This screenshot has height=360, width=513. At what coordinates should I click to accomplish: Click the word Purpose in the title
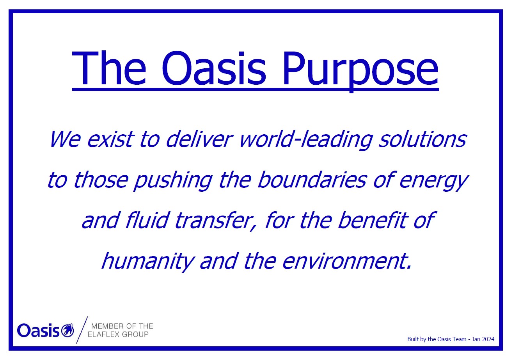pyautogui.click(x=360, y=69)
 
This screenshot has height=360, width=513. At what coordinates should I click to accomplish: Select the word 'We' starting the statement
pyautogui.click(x=65, y=139)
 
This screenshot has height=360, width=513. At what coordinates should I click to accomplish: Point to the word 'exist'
pyautogui.click(x=110, y=139)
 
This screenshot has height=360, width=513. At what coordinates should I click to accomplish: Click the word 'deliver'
pyautogui.click(x=199, y=139)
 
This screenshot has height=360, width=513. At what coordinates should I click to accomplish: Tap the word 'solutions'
pyautogui.click(x=422, y=139)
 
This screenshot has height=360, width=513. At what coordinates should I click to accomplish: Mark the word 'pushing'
pyautogui.click(x=173, y=181)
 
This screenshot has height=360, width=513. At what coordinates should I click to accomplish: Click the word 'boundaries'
pyautogui.click(x=312, y=180)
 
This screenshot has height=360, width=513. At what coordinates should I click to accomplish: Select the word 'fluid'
pyautogui.click(x=147, y=220)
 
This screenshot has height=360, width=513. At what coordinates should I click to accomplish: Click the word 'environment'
pyautogui.click(x=344, y=261)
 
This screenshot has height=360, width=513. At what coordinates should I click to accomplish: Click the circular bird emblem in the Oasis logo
pyautogui.click(x=67, y=330)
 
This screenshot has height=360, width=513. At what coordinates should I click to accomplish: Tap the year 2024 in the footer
pyautogui.click(x=488, y=339)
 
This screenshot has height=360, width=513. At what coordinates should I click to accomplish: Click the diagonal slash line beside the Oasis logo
pyautogui.click(x=82, y=330)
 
